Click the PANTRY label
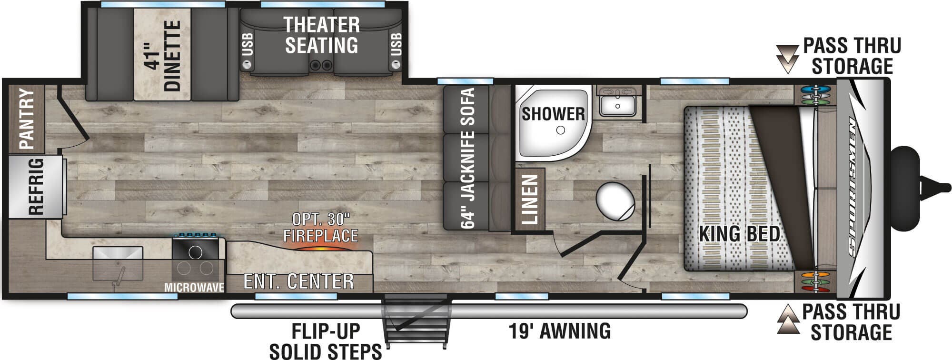click(x=27, y=119)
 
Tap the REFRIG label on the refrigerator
click(x=36, y=187)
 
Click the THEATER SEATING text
click(x=321, y=35)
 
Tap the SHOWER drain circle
click(x=561, y=130)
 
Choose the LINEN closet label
click(x=530, y=200)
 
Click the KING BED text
click(x=739, y=234)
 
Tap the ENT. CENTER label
click(x=298, y=281)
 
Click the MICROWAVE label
click(x=194, y=288)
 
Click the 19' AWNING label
click(x=559, y=330)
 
